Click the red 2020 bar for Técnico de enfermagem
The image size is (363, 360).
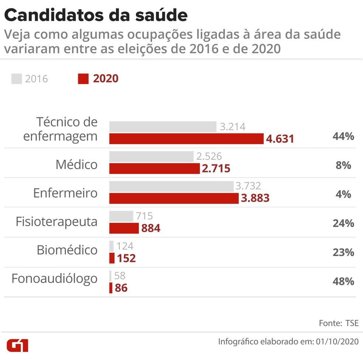pos(186,139)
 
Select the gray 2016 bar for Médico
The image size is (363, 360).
pos(151,156)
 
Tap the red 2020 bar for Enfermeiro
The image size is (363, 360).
pos(174,198)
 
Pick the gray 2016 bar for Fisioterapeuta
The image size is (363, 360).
pos(121,216)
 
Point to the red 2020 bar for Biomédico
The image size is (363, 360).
pos(112,258)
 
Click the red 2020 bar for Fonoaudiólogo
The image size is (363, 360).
pos(111,288)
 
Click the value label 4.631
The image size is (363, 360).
pos(280,139)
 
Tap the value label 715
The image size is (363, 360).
pos(144,216)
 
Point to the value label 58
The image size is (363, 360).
pos(120,276)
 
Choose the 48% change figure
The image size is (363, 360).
pos(343,282)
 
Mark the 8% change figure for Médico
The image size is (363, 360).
pos(343,165)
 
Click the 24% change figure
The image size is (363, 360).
pos(343,223)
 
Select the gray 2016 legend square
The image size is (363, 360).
pos(17,79)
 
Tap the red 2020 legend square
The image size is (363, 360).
pos(83,79)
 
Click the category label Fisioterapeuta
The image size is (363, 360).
pos(56,222)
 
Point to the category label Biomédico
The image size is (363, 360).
pos(67,250)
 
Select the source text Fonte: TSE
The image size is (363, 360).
pos(338,323)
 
